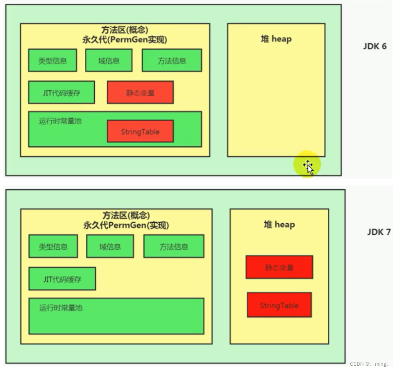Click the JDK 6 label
point(375,46)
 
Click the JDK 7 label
point(379,232)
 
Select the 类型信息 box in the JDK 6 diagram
point(53,61)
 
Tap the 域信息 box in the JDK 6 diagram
point(109,61)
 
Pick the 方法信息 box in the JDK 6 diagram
point(172,61)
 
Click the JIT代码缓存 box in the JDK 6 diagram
point(61,92)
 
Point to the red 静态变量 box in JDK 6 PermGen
point(140,93)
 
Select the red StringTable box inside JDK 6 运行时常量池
point(140,132)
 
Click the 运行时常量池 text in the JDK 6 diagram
point(60,121)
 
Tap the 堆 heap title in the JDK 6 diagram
point(276,39)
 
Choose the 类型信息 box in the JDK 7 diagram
point(53,246)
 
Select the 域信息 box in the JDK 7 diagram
point(110,246)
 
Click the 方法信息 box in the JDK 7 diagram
point(174,246)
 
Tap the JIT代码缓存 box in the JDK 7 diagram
point(62,279)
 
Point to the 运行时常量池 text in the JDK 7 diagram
point(61,308)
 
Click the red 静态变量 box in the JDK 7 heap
point(279,267)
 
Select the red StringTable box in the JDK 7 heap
point(279,305)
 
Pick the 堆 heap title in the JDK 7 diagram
point(279,224)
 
